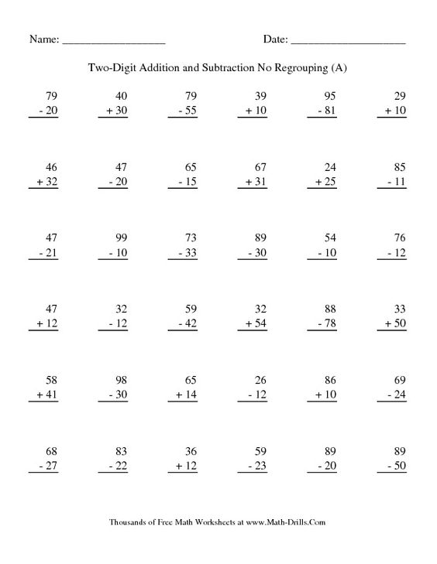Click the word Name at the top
coord(43,39)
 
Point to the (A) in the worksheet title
coord(339,68)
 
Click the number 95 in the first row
coord(329,96)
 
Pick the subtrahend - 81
coord(327,111)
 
